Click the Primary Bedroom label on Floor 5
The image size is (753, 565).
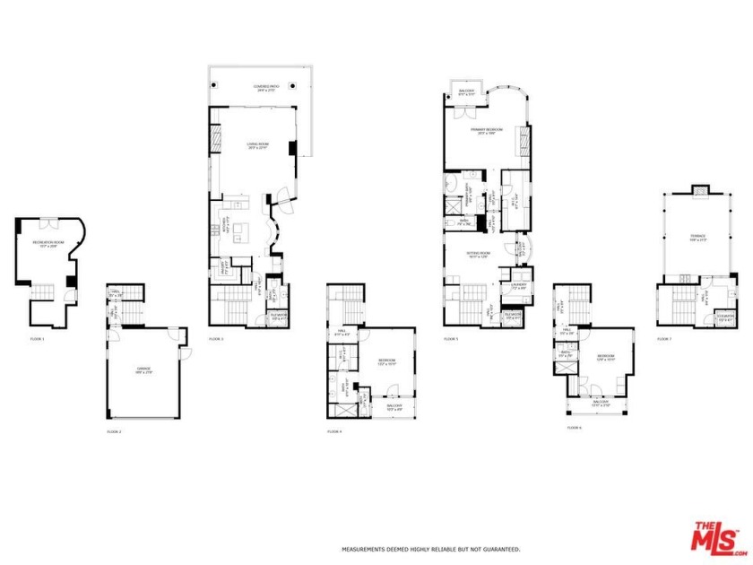487,131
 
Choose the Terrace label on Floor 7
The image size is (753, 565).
697,239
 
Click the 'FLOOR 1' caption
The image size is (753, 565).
37,339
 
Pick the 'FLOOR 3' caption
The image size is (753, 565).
216,339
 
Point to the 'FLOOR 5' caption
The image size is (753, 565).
451,339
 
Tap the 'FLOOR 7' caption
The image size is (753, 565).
664,339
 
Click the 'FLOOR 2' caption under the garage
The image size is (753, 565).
114,431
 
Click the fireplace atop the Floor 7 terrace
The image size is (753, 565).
697,189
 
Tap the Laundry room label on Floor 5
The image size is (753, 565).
518,287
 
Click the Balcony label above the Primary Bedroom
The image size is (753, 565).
466,91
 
